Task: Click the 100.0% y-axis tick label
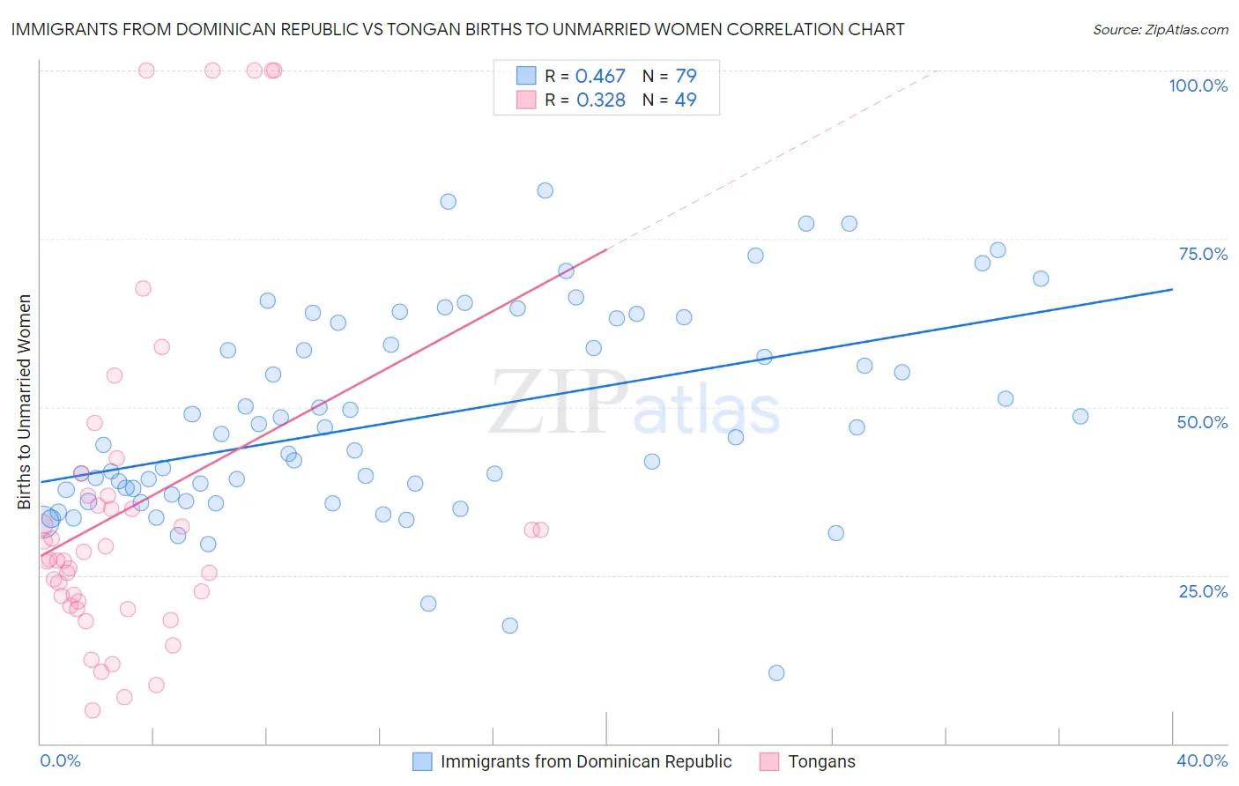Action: point(1198,85)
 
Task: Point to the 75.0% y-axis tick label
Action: point(1203,254)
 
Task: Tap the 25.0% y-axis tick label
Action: point(1203,590)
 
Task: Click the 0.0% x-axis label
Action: point(60,760)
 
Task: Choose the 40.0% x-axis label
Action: point(1201,760)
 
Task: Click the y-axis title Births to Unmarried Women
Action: point(25,402)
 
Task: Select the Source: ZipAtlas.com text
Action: point(1160,30)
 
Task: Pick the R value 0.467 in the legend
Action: point(600,76)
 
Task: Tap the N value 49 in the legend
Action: point(685,100)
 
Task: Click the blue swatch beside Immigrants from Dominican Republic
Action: point(422,761)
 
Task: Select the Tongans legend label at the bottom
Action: point(821,761)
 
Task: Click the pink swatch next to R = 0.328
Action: point(526,100)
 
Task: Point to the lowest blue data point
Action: point(776,673)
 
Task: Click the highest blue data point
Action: point(545,190)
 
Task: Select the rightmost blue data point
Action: point(1080,416)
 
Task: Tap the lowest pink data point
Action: point(93,710)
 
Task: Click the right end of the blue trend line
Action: point(1172,289)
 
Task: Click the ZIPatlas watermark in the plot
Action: point(634,404)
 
